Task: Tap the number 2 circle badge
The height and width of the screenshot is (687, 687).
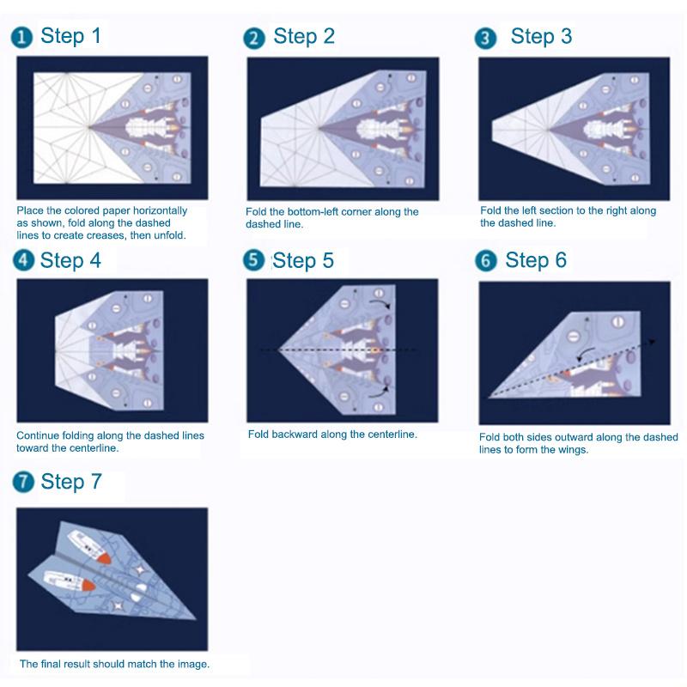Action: pos(253,38)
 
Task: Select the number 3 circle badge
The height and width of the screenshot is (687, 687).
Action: pos(487,38)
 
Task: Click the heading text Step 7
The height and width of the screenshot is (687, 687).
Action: pos(71,482)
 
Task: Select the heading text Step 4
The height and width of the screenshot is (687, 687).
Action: pos(71,260)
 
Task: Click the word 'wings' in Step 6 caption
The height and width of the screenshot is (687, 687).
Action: pos(570,449)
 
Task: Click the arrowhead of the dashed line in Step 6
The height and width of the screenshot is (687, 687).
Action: pos(652,342)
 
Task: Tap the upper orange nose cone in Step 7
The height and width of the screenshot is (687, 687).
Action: pos(104,556)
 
